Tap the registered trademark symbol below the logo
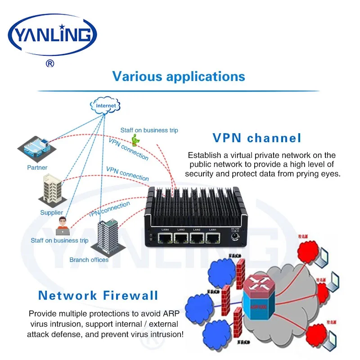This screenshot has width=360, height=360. pos(50,63)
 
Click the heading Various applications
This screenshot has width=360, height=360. pos(179,76)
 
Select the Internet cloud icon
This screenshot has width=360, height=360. pos(105,106)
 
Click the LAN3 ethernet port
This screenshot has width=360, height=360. pos(181,238)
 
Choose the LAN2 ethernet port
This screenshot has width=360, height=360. pos(197,238)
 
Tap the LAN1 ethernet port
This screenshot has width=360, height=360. pos(212,238)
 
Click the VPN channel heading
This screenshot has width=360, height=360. pos(256,138)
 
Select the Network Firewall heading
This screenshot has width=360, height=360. pos(98,295)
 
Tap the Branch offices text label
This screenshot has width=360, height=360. pos(89,260)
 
